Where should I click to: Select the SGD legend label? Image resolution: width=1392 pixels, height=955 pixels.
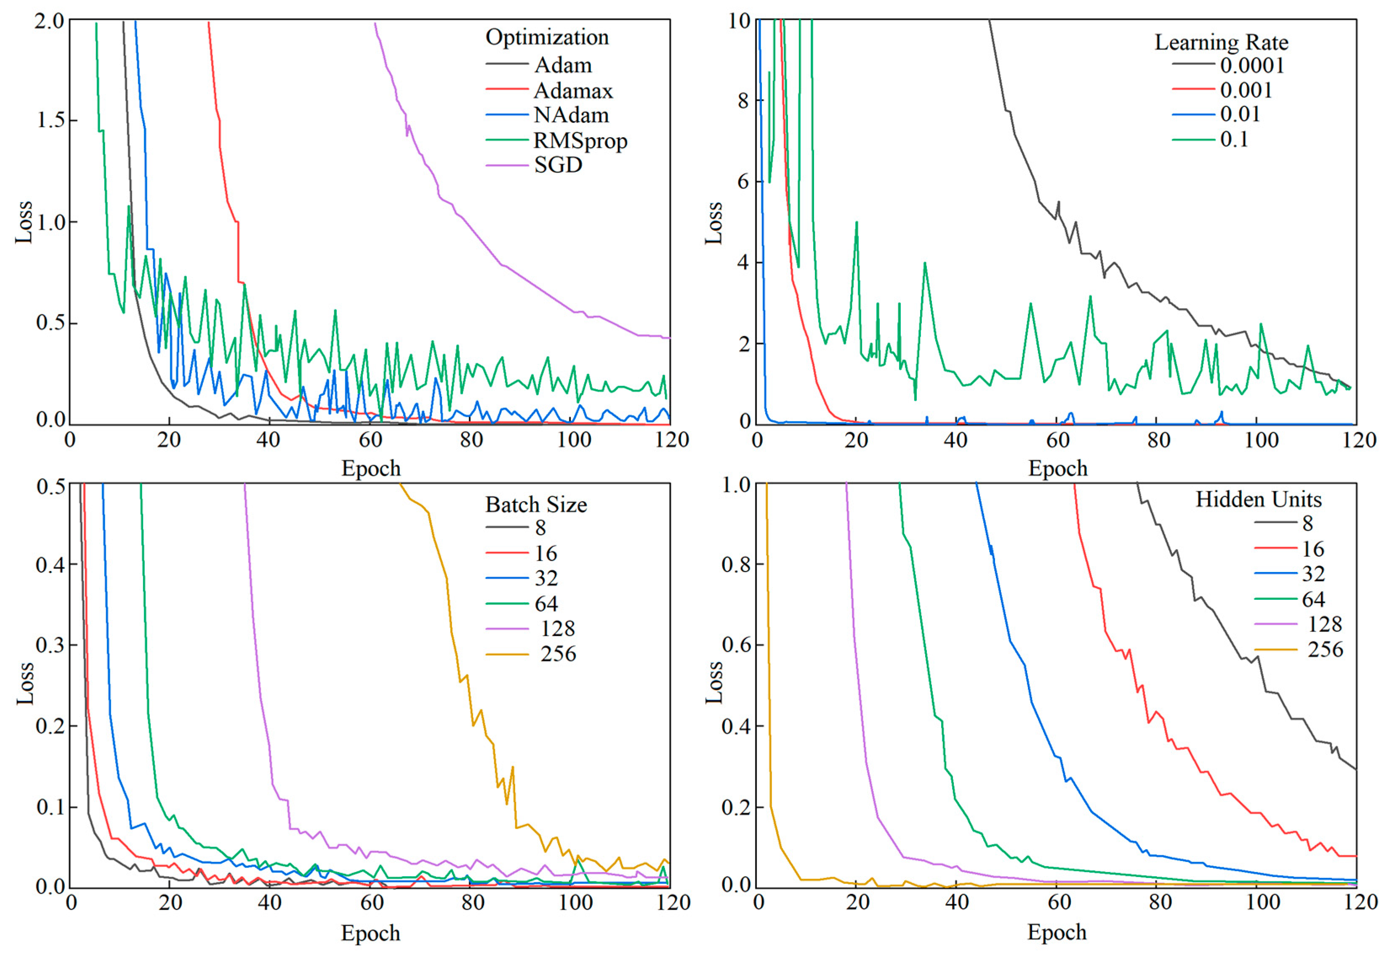coord(558,165)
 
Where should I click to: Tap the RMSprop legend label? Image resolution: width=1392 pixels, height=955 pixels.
coord(580,141)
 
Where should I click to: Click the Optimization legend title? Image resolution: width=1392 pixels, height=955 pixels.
coord(547,37)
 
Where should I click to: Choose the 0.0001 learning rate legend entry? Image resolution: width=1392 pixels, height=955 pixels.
coord(1252,65)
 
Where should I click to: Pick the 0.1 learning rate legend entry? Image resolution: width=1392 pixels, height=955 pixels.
coord(1234,139)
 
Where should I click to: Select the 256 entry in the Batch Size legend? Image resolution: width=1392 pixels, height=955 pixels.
coord(558,654)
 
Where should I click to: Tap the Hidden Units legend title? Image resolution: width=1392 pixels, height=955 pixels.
coord(1258,499)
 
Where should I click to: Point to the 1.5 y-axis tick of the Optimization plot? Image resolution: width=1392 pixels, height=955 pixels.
coord(49,120)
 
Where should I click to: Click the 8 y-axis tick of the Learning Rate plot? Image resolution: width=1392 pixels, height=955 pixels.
coord(743,100)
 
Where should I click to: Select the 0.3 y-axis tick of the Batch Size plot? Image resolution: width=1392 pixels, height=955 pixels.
coord(49,646)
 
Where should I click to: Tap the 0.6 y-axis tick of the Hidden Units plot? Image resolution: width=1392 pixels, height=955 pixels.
coord(736,646)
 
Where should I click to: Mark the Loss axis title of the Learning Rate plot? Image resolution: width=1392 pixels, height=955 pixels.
coord(713,223)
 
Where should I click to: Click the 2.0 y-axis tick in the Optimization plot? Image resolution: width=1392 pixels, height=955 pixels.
coord(49,21)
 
